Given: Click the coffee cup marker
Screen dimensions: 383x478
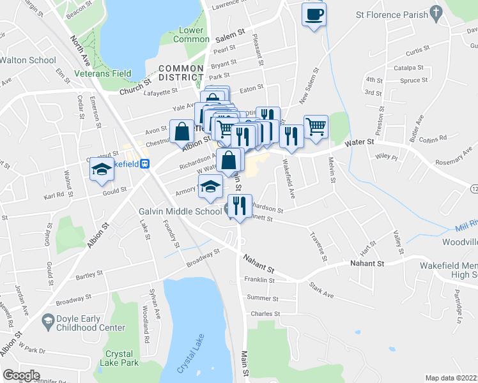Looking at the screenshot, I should [314, 15].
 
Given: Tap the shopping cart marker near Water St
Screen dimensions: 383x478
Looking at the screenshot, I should [316, 126].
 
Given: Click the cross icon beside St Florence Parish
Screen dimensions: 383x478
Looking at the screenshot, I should [436, 12].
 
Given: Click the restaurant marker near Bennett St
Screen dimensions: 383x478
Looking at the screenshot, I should [240, 206].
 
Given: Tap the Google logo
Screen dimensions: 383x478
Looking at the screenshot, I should [21, 375].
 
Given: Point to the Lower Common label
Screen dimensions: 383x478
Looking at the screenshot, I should [191, 34].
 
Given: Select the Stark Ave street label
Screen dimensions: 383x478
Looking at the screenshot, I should [322, 290].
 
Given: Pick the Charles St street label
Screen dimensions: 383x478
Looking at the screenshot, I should [265, 313].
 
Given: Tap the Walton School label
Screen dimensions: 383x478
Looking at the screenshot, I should [28, 60].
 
